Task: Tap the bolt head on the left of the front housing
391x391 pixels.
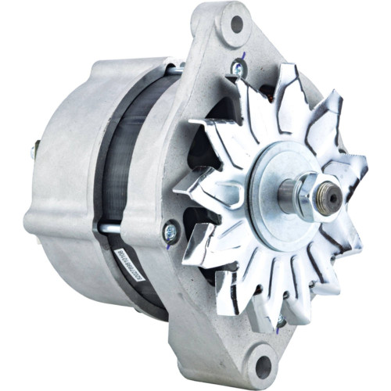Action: point(169,231)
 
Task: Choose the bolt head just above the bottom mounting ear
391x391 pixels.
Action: point(279,321)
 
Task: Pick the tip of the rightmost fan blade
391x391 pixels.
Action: point(364,165)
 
